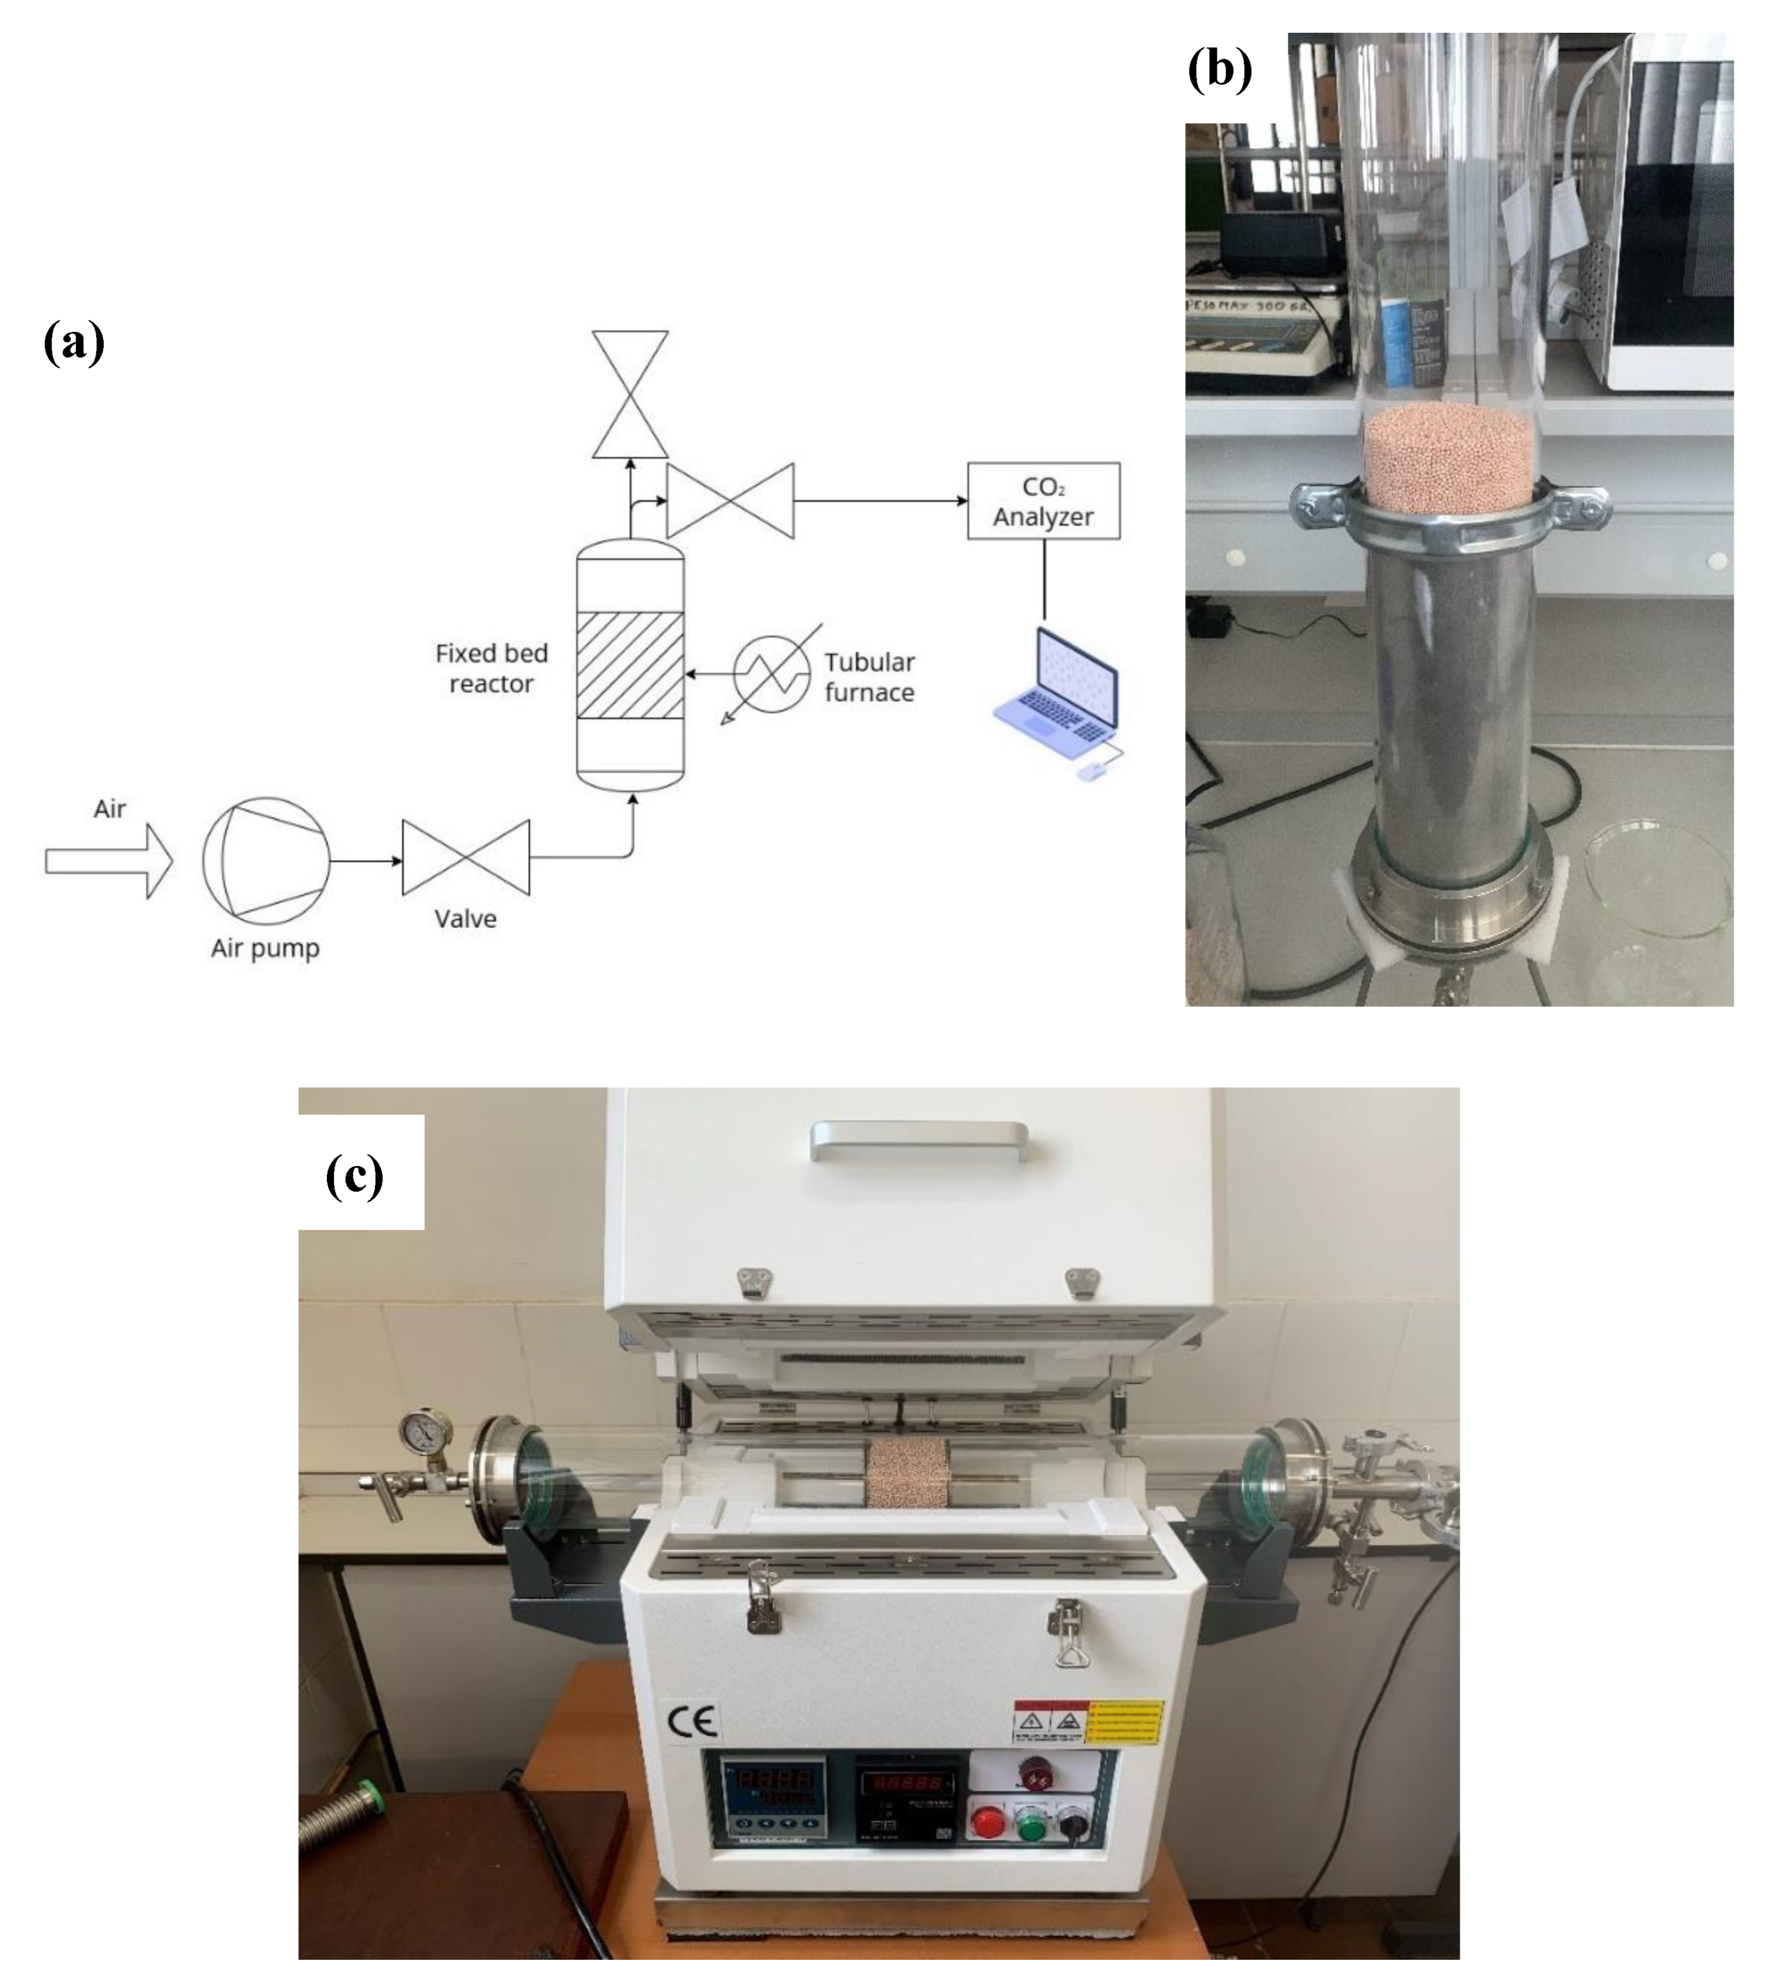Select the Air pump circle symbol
pyautogui.click(x=266, y=860)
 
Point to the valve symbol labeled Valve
pyautogui.click(x=466, y=857)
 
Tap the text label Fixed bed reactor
pyautogui.click(x=491, y=667)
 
